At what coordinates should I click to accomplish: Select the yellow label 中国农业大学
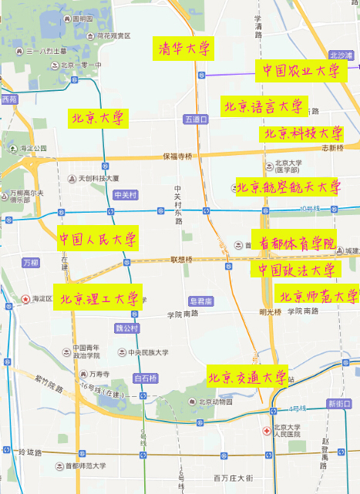(299, 71)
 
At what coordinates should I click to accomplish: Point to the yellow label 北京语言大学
(264, 106)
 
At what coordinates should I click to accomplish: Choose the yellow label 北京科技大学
(303, 133)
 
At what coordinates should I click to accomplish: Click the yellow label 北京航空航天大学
(288, 187)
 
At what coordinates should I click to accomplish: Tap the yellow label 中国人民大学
(98, 239)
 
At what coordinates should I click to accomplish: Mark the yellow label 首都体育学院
(294, 241)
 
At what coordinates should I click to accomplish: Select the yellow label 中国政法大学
(296, 270)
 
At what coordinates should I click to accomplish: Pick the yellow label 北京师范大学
(318, 295)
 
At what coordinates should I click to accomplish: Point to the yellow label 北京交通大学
(247, 377)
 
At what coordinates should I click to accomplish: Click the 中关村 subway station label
(124, 195)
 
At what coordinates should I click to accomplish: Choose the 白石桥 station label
(145, 378)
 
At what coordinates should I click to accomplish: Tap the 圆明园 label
(82, 18)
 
